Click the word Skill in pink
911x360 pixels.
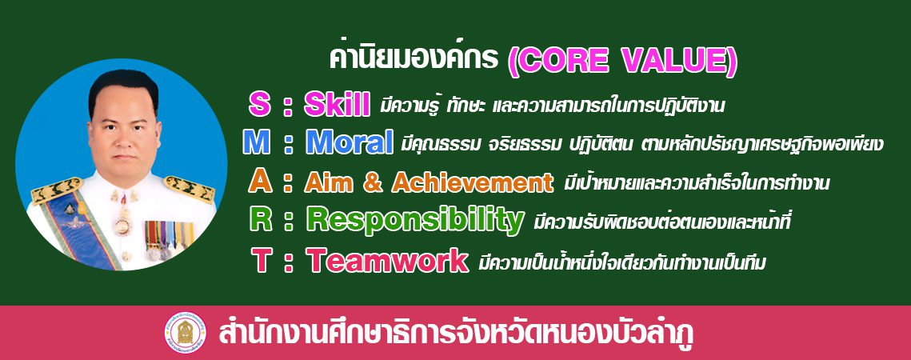337,106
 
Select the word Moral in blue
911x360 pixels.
350,143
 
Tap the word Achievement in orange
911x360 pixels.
473,182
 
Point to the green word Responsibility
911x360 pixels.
415,221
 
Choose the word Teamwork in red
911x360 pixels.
387,261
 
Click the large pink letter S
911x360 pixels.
260,106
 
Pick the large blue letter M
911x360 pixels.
256,143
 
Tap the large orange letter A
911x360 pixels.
258,182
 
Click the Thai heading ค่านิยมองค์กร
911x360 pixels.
414,58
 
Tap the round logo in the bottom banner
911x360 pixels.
185,333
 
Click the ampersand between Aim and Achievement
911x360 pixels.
375,182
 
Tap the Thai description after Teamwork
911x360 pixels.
621,263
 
